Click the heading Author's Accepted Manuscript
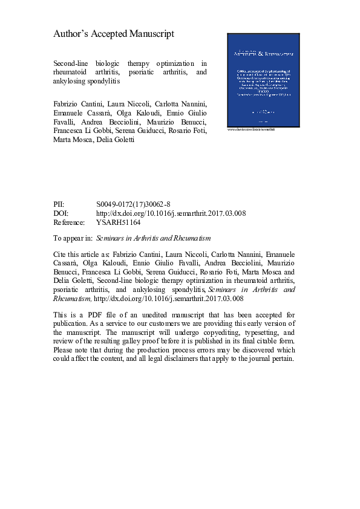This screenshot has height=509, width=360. [x=114, y=34]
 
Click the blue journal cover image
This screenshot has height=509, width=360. [x=262, y=79]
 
